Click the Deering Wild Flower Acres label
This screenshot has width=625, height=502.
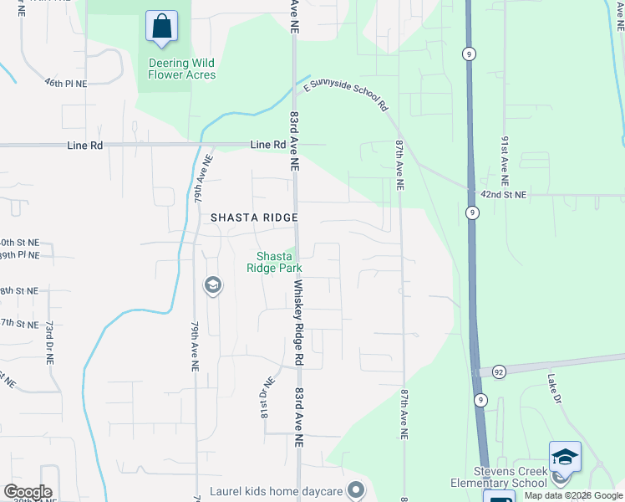[182, 69]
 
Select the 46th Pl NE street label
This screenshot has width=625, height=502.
[66, 83]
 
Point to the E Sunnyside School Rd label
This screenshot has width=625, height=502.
[346, 96]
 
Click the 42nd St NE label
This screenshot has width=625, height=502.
[504, 194]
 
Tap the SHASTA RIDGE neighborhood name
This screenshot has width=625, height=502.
[254, 218]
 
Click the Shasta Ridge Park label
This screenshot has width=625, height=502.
[273, 262]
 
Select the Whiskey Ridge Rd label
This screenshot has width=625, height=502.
[297, 322]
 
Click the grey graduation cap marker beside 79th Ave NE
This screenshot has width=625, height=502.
[212, 286]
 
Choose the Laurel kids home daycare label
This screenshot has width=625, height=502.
[277, 490]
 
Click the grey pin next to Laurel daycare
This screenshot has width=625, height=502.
[357, 489]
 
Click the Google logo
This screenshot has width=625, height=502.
[27, 492]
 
